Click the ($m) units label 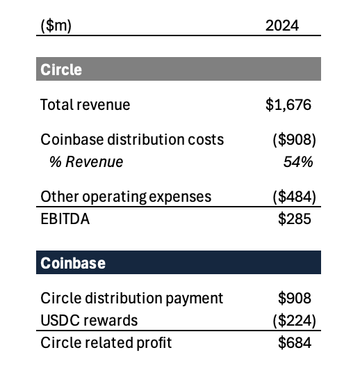click(x=56, y=26)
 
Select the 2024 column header click(x=282, y=26)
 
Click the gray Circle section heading click(x=61, y=70)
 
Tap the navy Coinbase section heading click(x=73, y=263)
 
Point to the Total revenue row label click(x=85, y=105)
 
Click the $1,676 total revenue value click(x=288, y=105)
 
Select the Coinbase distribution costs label click(x=132, y=139)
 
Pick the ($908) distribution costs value click(x=294, y=139)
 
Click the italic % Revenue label click(x=85, y=162)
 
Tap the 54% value click(x=297, y=162)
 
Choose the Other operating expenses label click(x=126, y=196)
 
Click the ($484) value click(x=294, y=196)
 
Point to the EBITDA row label click(x=65, y=219)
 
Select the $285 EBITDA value click(x=295, y=219)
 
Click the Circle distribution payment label click(x=132, y=298)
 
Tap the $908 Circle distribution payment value click(x=295, y=298)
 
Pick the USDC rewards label click(x=89, y=320)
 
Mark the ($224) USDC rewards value click(x=294, y=320)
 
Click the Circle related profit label click(x=106, y=342)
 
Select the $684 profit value click(x=295, y=342)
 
